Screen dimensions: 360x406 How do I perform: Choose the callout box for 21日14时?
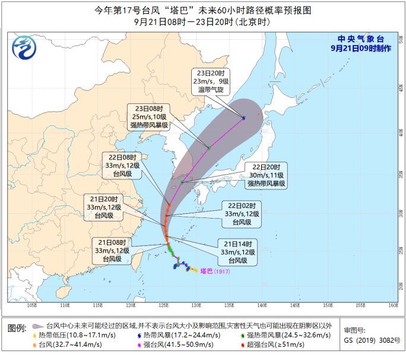pyautogui.click(x=237, y=252)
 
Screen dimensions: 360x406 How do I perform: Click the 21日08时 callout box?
pyautogui.click(x=111, y=250)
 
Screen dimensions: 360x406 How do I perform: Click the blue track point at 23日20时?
pyautogui.click(x=244, y=118)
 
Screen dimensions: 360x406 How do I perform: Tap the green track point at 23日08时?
pyautogui.click(x=209, y=147)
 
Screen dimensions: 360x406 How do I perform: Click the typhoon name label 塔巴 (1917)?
pyautogui.click(x=214, y=271)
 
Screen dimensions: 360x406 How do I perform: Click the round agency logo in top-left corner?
pyautogui.click(x=23, y=45)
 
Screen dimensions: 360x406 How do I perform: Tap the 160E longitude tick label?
pyautogui.click(x=392, y=306)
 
